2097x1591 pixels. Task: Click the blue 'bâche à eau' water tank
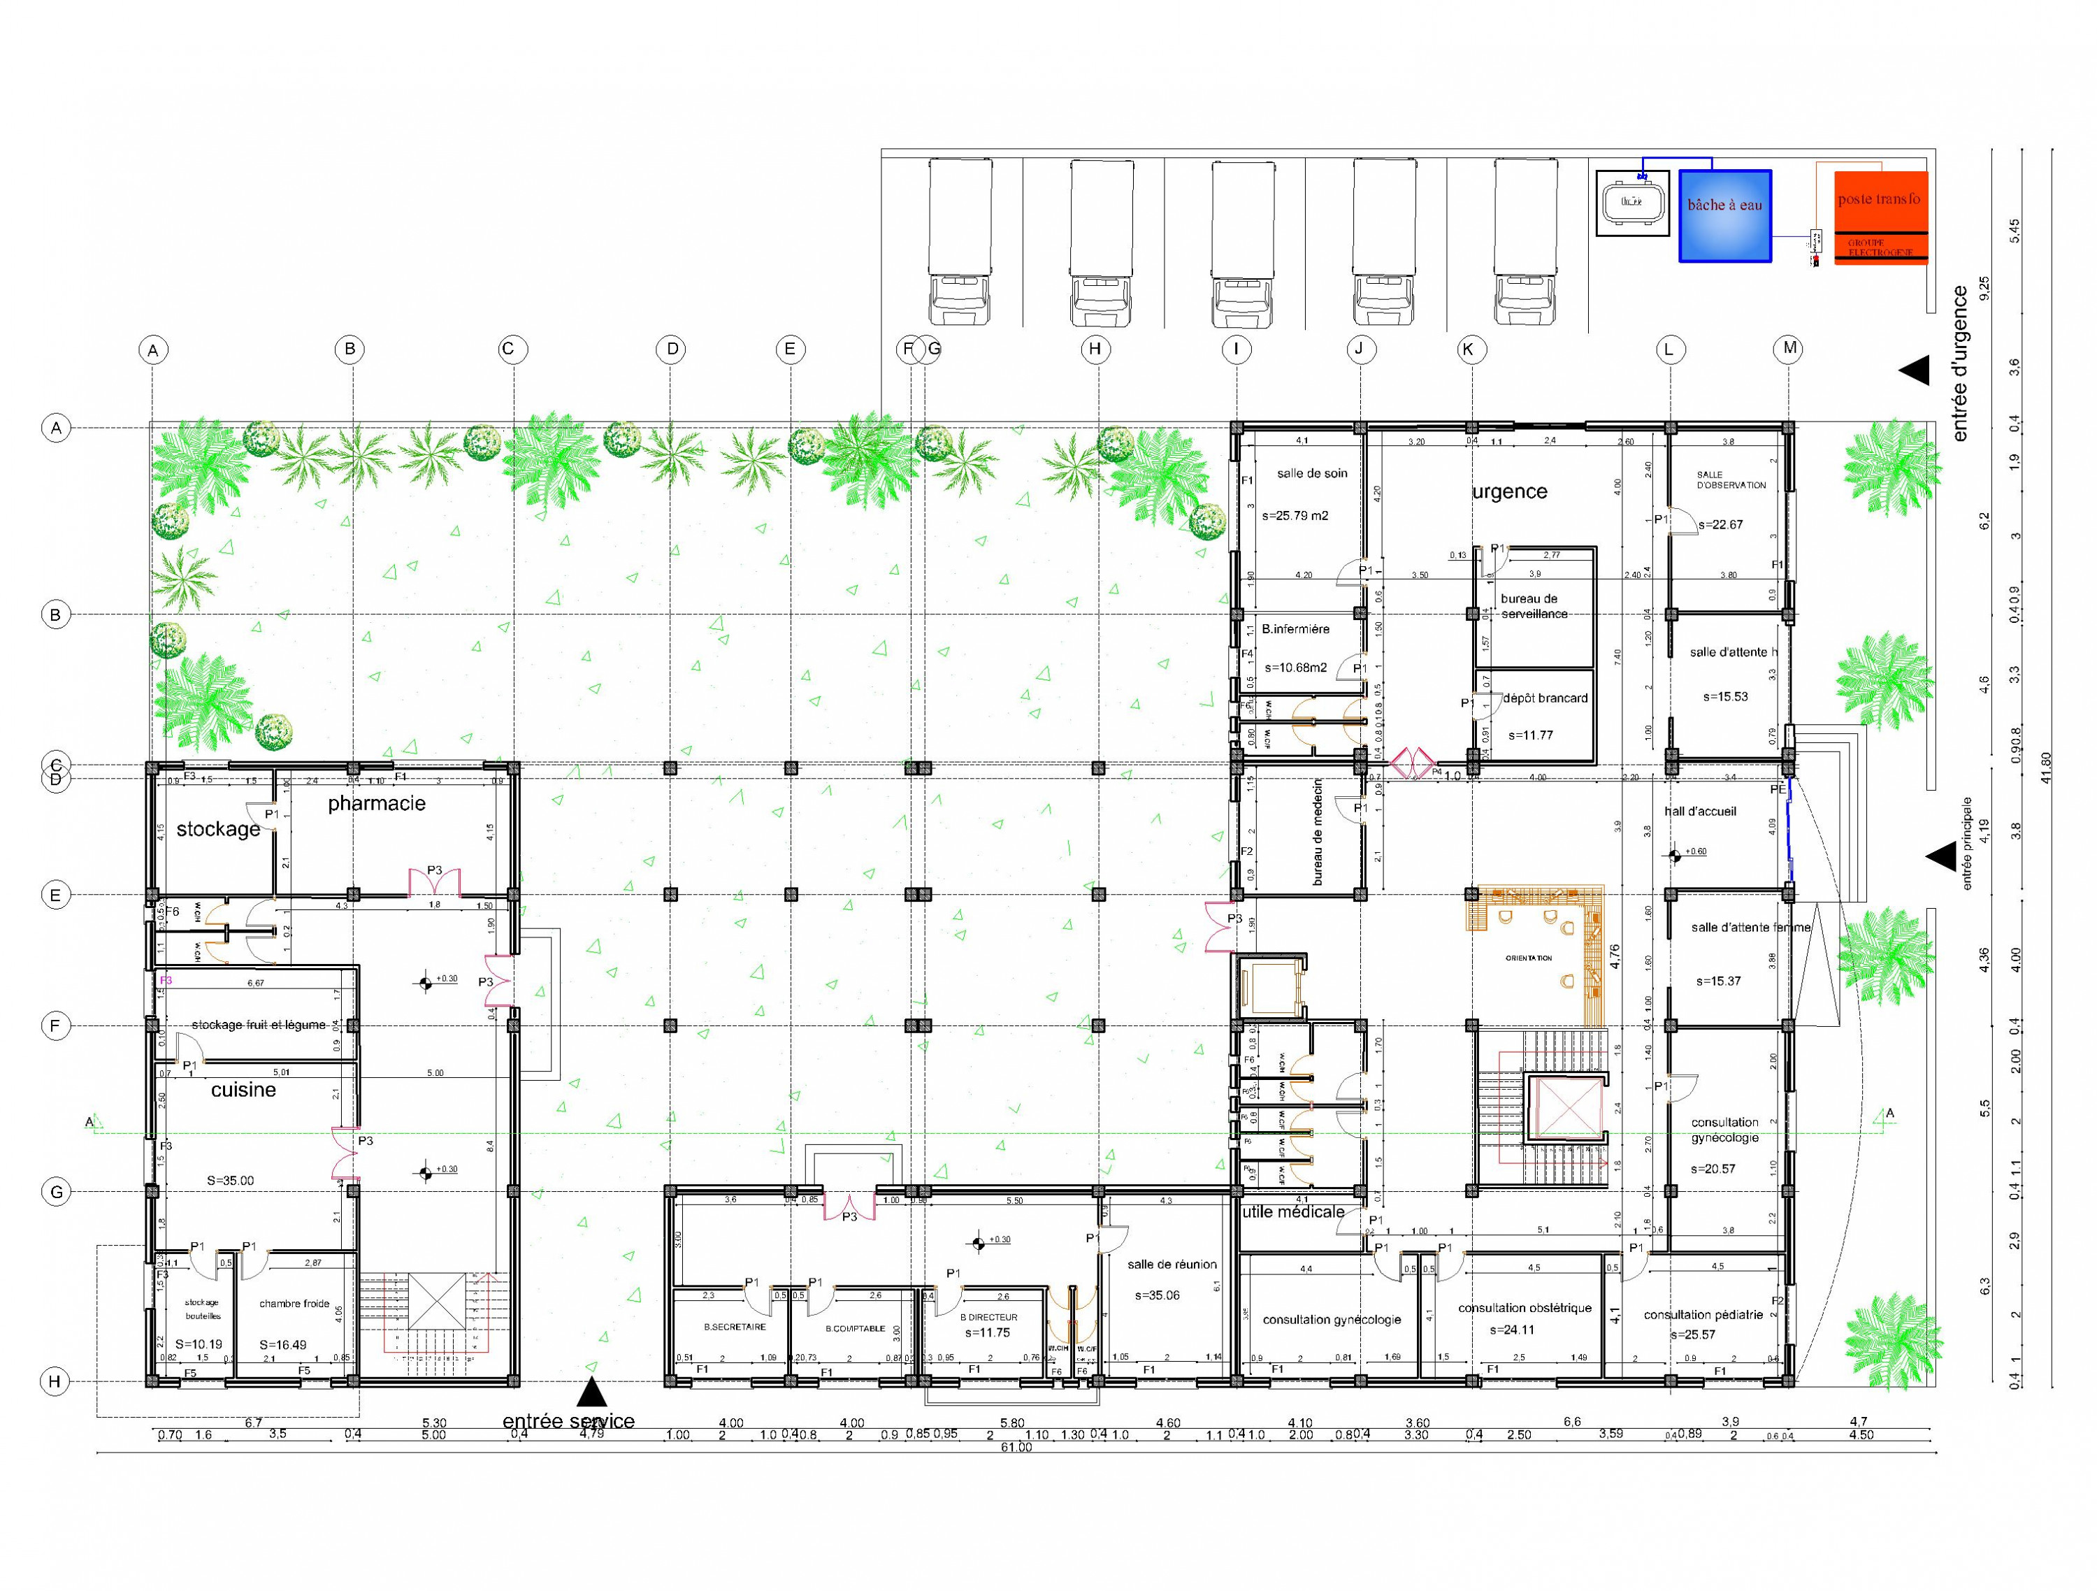tap(1724, 215)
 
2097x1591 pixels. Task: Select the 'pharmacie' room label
tap(376, 803)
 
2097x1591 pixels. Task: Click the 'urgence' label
tap(1509, 491)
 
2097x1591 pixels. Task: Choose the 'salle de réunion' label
tap(1172, 1264)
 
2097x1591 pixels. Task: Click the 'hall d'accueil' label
tap(1700, 811)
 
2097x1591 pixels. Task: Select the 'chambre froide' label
tap(294, 1304)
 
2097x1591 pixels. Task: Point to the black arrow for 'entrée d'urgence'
tap(1914, 370)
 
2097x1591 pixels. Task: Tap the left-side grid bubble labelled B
tap(56, 614)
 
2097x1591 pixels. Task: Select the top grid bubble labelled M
tap(1789, 348)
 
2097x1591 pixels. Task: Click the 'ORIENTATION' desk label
tap(1528, 958)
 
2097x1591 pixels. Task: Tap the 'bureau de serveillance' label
tap(1534, 606)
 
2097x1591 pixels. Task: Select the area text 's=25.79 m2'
tap(1295, 516)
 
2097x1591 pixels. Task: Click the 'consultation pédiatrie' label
tap(1703, 1314)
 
